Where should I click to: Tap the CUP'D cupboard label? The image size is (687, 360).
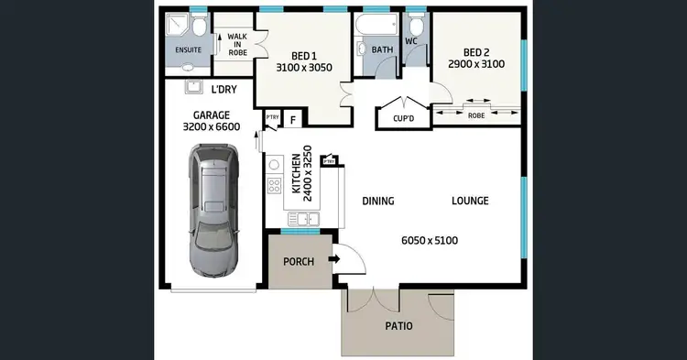(x=404, y=119)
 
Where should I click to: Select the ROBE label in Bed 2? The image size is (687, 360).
(x=476, y=116)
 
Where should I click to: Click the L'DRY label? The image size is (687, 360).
(x=224, y=90)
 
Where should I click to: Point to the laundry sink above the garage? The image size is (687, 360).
(x=193, y=87)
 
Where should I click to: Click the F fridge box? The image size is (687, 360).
(x=293, y=119)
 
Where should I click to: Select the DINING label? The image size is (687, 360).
(x=377, y=201)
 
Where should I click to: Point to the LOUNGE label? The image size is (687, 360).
(x=470, y=201)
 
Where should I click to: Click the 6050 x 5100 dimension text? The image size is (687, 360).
(x=430, y=241)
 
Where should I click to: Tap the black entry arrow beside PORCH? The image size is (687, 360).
(x=333, y=259)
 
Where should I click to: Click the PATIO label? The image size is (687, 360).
(x=398, y=326)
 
